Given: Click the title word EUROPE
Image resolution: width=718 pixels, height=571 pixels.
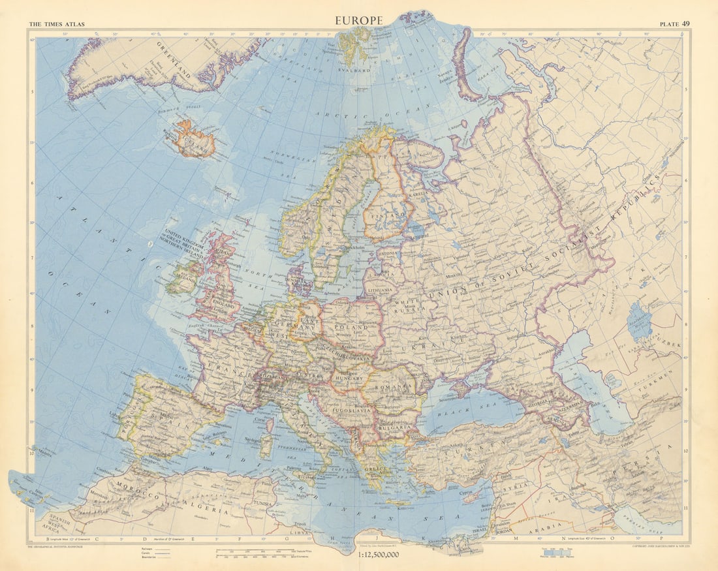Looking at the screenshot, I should (358, 20).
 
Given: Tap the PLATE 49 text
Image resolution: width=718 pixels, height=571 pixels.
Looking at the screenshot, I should (675, 24).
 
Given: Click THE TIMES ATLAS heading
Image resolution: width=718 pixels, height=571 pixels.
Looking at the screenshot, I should (56, 25).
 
